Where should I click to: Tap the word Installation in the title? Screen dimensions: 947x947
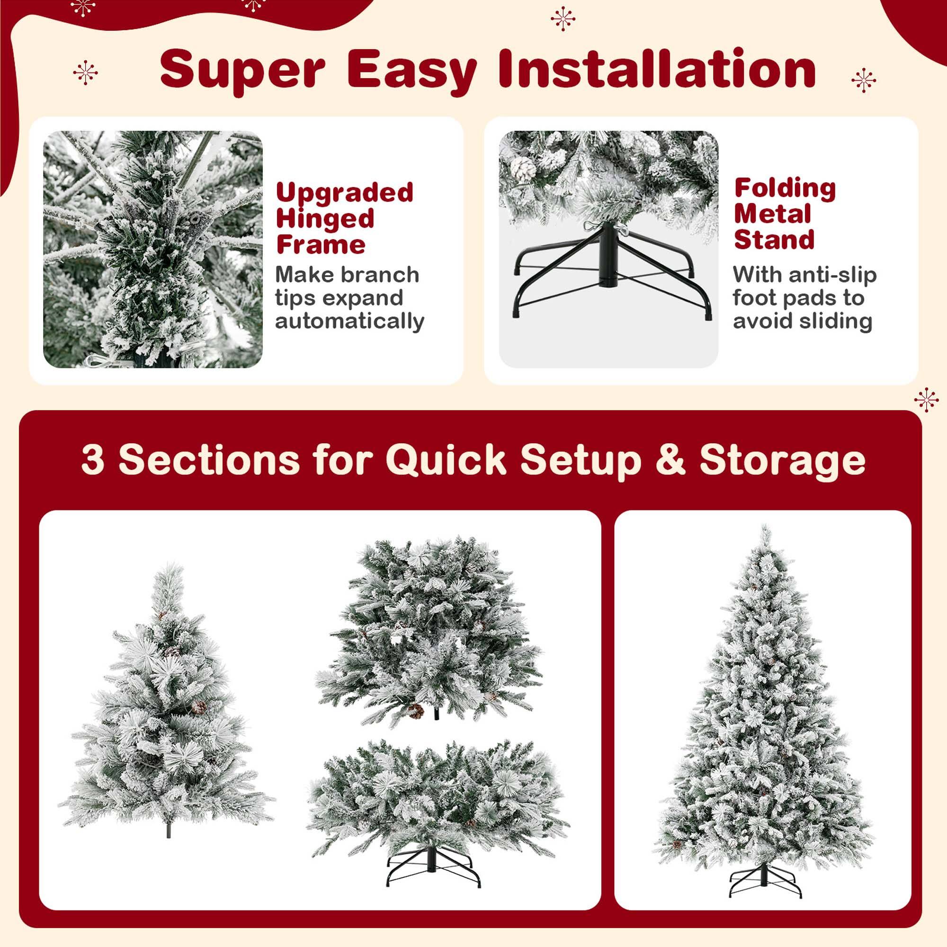click(657, 69)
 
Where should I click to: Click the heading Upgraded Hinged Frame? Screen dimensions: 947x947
click(344, 218)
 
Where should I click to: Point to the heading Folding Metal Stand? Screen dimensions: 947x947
click(784, 214)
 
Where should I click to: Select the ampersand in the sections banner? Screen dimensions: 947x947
click(670, 459)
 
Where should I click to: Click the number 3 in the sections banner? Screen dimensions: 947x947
click(93, 459)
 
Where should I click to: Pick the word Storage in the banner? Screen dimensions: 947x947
click(782, 460)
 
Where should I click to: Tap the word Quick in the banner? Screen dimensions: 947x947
click(446, 459)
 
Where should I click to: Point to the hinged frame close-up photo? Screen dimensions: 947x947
click(153, 249)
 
